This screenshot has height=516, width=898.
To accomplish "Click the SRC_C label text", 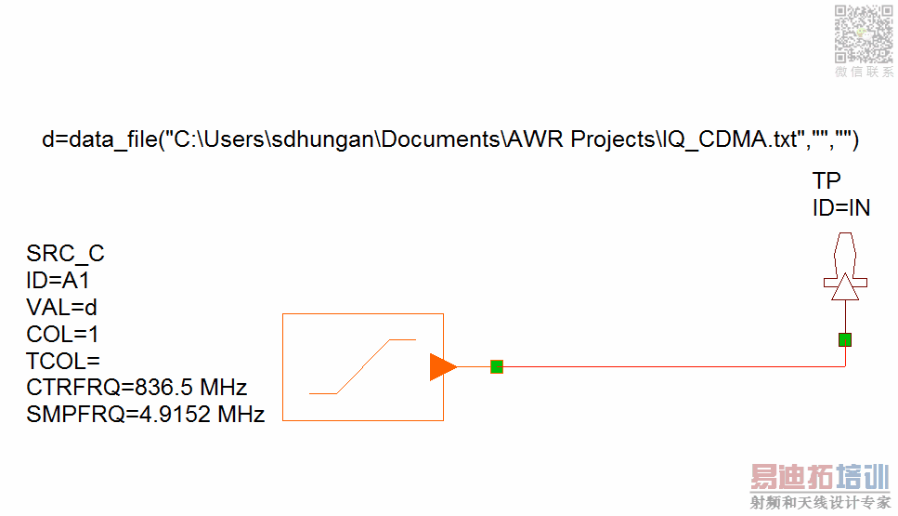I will pos(65,254).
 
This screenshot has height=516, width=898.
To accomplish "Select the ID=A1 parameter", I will pos(58,280).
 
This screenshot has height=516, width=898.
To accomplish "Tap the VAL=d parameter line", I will pos(61,307).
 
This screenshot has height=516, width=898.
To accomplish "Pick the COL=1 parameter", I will pos(62,334).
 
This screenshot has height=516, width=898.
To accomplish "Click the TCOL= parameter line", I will pos(62,361).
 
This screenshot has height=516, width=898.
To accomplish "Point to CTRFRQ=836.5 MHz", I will pos(137,387).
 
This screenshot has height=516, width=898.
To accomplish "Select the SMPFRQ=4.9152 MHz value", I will pos(146,414).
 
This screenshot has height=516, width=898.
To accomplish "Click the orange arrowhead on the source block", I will pos(442,367).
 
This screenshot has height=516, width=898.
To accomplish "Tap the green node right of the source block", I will pos(497,366).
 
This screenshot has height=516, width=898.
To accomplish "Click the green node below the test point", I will pos(844,339).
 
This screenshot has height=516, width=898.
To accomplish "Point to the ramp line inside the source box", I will pos(362,367).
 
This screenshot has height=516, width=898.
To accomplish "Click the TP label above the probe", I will pos(826,180).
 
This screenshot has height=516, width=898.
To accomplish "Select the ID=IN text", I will pos(841,207).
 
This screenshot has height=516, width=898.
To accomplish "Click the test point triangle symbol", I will pos(843,289).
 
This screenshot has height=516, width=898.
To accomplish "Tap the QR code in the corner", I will pos(864,33).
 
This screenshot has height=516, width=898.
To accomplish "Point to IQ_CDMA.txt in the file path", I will pos(728,139).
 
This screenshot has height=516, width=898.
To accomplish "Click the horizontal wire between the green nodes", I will pos(669,366).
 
